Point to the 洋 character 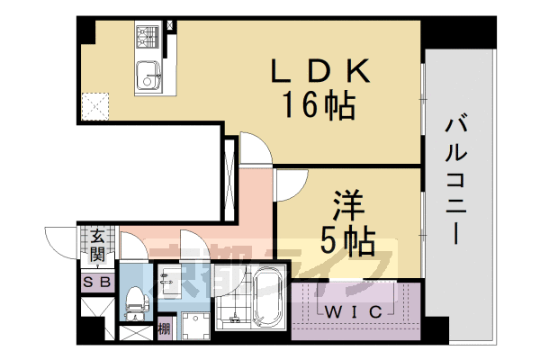tap(348, 205)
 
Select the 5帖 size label tap(347, 240)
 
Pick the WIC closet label tap(353, 311)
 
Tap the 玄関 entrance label tap(97, 244)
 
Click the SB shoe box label tap(96, 282)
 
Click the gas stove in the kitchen tap(146, 37)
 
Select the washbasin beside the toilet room tap(168, 280)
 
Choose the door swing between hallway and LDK tap(255, 147)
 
